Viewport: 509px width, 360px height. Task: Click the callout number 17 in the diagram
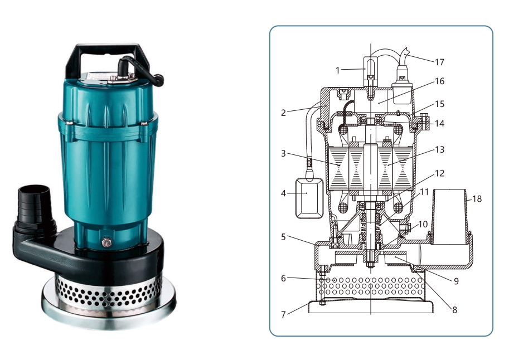pyautogui.click(x=439, y=62)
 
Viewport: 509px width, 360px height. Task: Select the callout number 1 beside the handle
pyautogui.click(x=338, y=70)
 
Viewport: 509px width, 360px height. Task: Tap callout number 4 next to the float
pyautogui.click(x=283, y=193)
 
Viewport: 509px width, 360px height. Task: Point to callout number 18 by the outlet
pyautogui.click(x=477, y=198)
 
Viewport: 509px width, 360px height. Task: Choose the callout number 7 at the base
pyautogui.click(x=283, y=314)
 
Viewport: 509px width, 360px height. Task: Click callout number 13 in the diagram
pyautogui.click(x=439, y=150)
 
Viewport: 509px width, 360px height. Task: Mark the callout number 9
pyautogui.click(x=456, y=281)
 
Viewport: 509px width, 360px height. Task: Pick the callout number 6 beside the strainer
pyautogui.click(x=283, y=278)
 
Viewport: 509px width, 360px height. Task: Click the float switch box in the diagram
pyautogui.click(x=309, y=198)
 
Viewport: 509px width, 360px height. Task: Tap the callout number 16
pyautogui.click(x=439, y=81)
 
